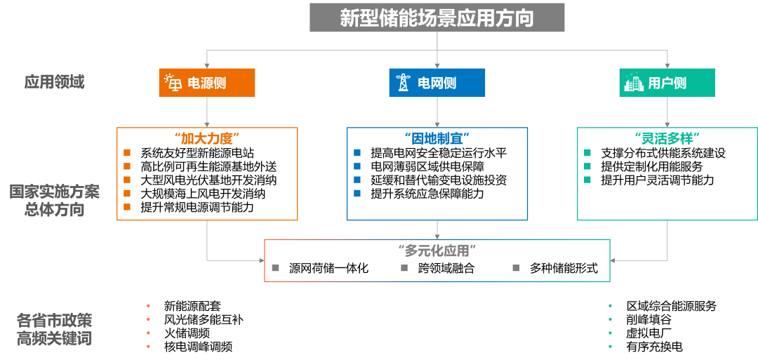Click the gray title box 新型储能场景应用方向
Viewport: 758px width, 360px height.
tap(437, 18)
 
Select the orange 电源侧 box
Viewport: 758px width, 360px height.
tap(207, 83)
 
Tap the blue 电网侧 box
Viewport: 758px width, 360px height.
tap(437, 83)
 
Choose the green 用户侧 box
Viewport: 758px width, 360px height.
tap(667, 83)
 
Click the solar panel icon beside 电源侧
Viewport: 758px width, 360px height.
tap(173, 83)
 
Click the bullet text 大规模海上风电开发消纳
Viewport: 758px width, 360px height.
tap(203, 194)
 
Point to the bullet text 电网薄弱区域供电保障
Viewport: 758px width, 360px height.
tap(427, 167)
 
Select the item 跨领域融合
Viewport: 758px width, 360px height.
tap(446, 268)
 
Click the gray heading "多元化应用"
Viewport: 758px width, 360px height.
tap(437, 251)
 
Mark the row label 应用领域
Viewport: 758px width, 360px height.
tap(54, 82)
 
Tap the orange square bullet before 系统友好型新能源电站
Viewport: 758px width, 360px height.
tap(127, 153)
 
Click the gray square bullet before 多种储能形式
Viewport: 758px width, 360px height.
tap(517, 268)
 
